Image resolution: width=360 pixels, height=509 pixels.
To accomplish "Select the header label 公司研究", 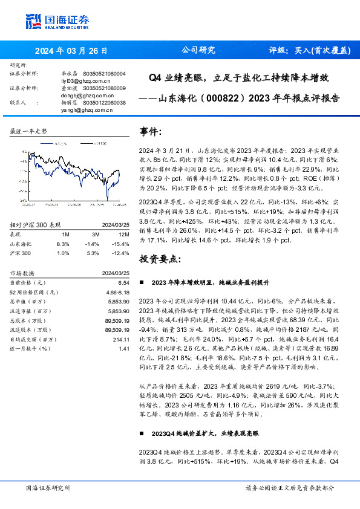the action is pyautogui.click(x=198, y=51).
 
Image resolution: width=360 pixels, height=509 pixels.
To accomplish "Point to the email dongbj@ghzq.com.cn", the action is pyautogui.click(x=85, y=95).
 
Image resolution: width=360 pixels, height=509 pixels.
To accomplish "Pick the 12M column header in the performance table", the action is pyautogui.click(x=125, y=234).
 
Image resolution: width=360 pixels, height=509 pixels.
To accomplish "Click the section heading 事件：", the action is pyautogui.click(x=151, y=132).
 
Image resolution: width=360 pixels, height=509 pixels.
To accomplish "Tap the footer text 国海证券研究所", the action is pyautogui.click(x=48, y=488).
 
